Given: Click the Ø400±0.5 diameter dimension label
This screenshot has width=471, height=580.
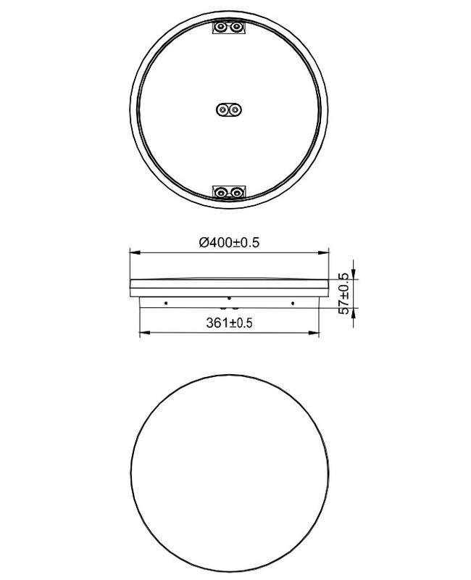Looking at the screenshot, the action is coord(229,242).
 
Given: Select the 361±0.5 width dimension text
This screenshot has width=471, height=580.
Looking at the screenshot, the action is coord(229,323).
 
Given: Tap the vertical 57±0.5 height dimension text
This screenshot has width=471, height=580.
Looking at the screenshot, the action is coord(343,294).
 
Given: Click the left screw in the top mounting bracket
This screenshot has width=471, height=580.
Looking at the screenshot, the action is coord(221,27).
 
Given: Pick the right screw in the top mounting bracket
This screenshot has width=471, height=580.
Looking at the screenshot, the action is coord(236,27).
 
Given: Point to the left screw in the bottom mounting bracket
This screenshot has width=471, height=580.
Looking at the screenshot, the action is coord(221,192).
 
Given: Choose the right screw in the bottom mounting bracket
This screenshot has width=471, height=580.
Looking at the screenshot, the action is coord(236,192).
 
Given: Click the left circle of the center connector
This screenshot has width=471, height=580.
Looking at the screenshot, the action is coord(222,109).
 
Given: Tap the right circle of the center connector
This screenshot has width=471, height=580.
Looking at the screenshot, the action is coord(234,109).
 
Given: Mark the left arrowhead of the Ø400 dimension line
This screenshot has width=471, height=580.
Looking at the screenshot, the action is coord(134,252).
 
